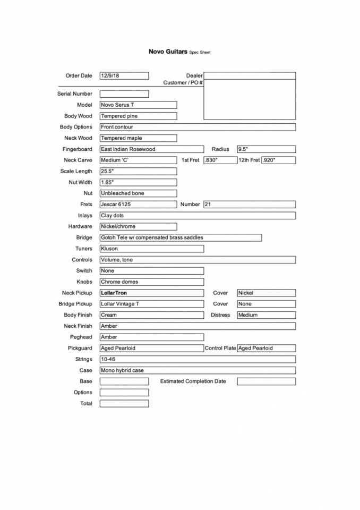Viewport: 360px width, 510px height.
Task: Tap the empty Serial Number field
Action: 124,94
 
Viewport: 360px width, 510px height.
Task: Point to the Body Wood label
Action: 78,116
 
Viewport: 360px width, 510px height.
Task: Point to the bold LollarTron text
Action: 114,293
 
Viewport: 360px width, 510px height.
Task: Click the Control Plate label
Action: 220,348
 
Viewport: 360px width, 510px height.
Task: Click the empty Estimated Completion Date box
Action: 266,381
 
